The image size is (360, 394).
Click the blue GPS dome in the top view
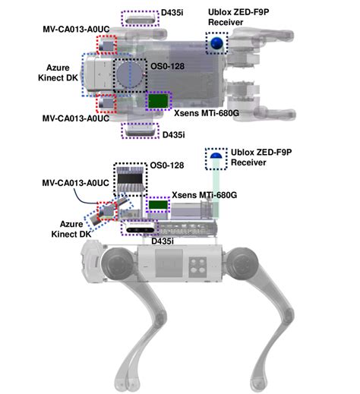[218, 43]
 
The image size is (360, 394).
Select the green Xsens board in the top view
[158, 101]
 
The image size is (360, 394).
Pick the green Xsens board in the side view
[158, 205]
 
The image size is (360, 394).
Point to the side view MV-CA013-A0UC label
[77, 183]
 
